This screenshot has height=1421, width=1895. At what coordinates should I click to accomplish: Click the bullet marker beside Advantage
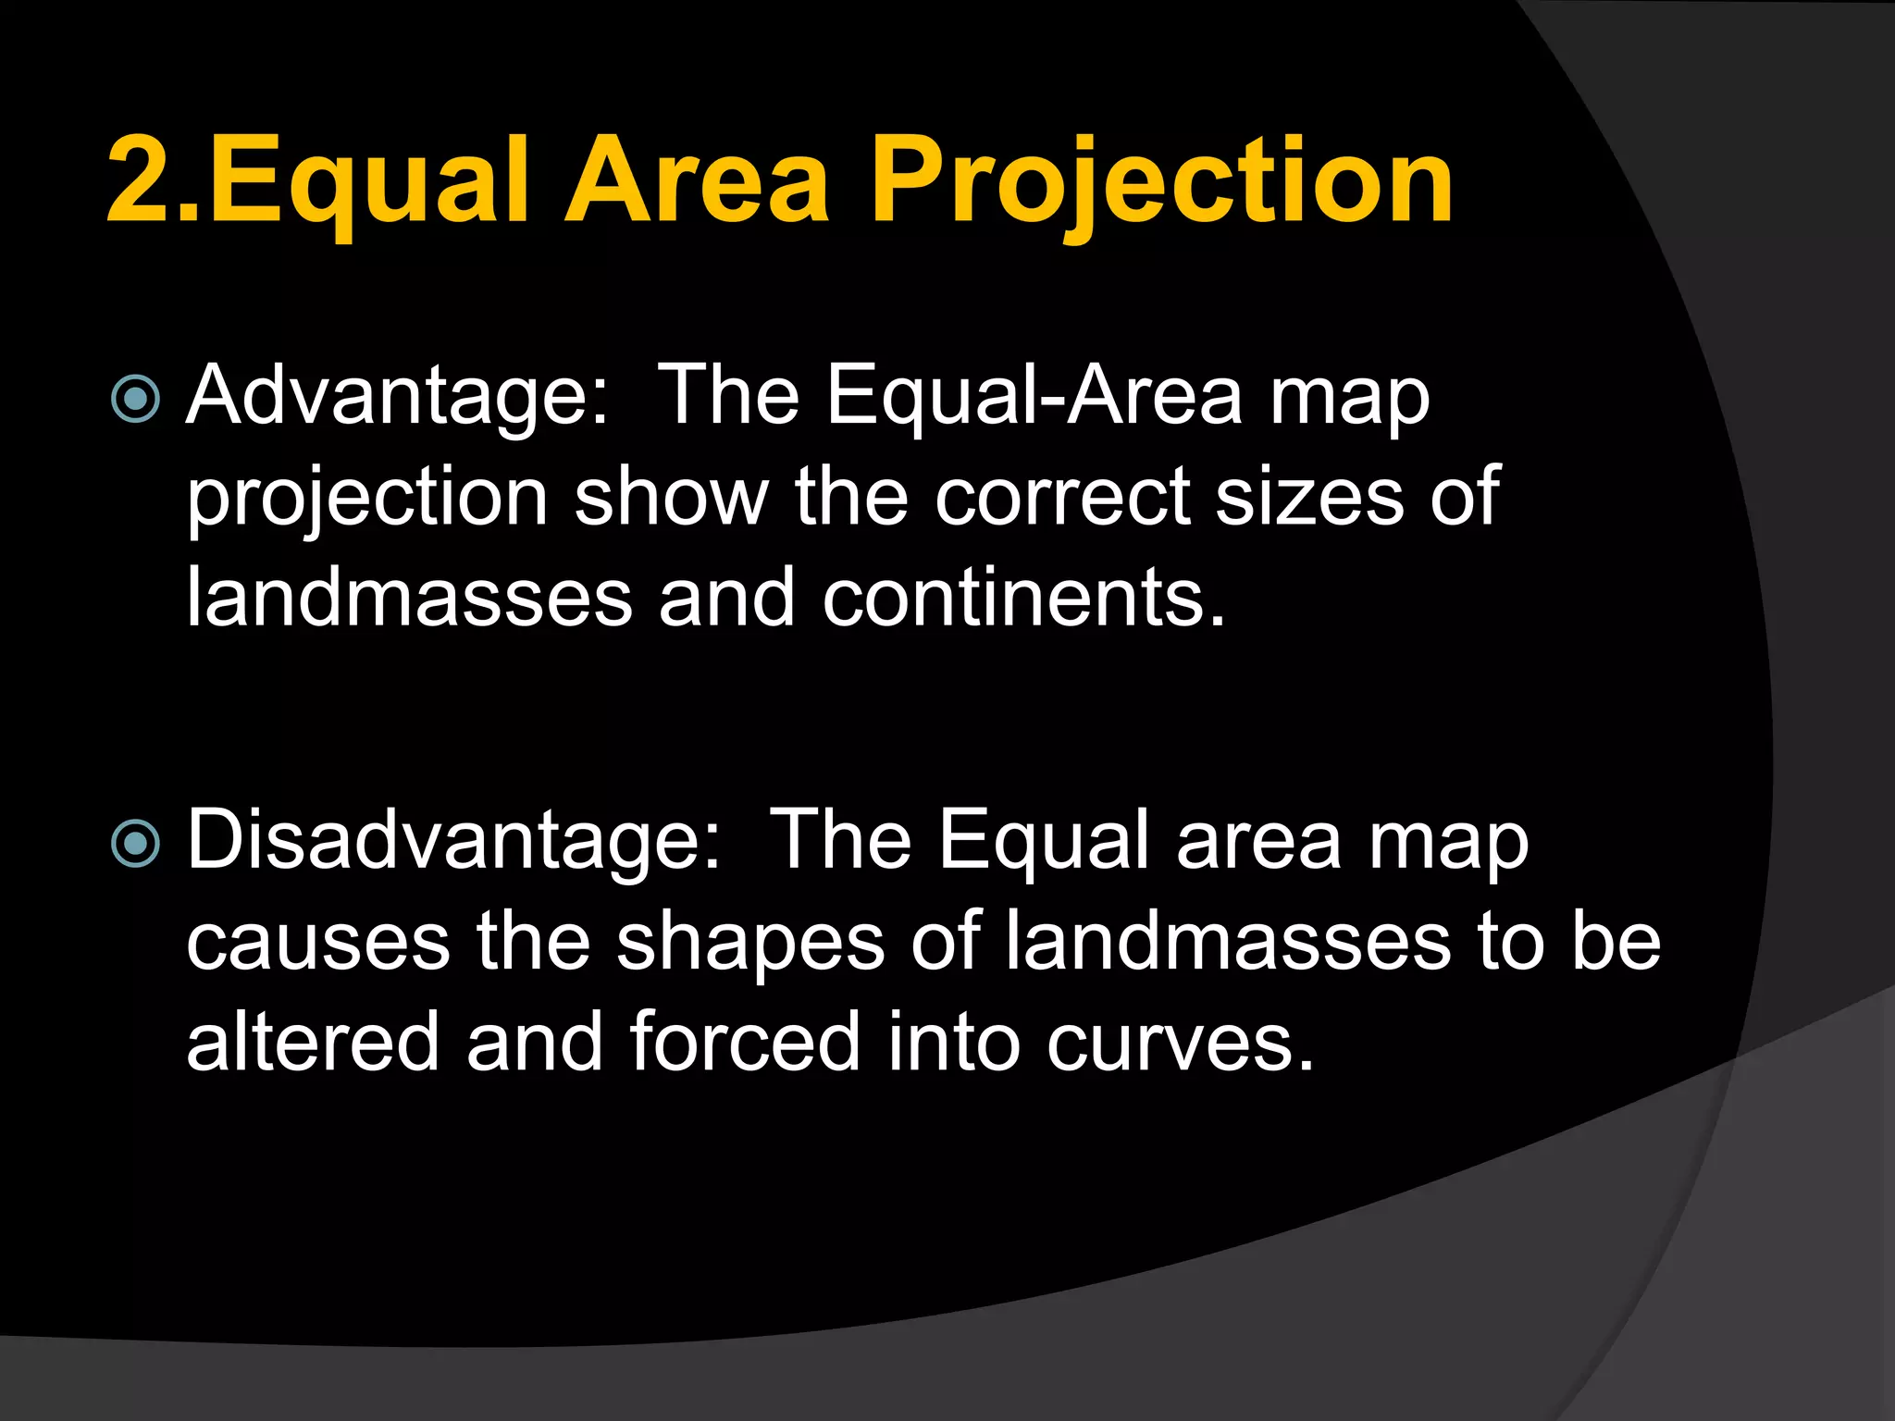[135, 399]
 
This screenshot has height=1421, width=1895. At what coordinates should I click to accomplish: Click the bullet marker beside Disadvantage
[135, 843]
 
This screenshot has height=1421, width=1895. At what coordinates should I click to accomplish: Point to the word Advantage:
[398, 396]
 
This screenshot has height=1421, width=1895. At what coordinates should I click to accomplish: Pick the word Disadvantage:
[453, 840]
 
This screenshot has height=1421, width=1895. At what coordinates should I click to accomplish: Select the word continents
[1023, 598]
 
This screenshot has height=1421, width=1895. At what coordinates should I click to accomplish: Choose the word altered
[313, 1042]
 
